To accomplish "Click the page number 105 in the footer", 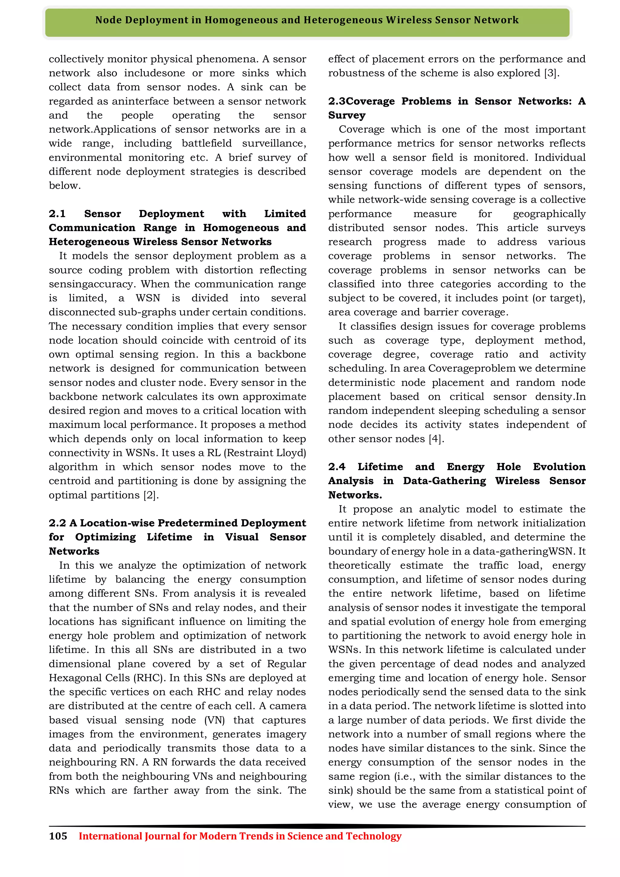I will point(58,836).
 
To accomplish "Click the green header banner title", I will point(307,20).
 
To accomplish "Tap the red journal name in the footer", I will point(240,836).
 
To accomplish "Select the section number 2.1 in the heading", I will point(57,213).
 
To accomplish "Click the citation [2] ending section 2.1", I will point(151,495).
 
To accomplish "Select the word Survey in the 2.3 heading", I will point(347,115).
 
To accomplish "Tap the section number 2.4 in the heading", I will point(337,467).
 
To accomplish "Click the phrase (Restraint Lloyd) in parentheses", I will point(265,453).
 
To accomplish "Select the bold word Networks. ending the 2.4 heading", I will point(355,495).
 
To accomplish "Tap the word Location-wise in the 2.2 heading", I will point(117,523).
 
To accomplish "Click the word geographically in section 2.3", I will point(549,214).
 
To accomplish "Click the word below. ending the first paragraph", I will point(64,186).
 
